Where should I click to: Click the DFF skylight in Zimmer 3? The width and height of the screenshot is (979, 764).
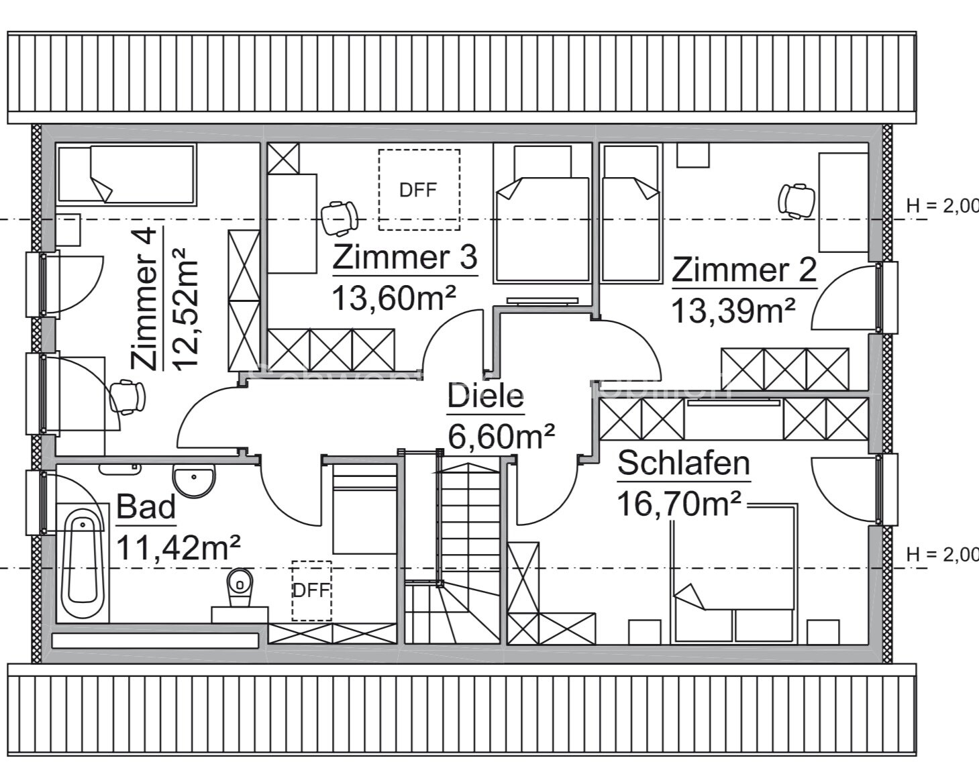tap(419, 189)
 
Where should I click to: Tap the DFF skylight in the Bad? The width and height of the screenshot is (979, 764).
tap(311, 590)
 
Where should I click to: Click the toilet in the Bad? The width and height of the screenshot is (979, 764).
tap(238, 587)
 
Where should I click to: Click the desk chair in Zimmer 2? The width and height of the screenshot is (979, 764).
tap(796, 200)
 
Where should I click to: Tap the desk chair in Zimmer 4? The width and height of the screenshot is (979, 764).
tap(127, 397)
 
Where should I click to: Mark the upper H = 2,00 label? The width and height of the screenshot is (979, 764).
tap(941, 206)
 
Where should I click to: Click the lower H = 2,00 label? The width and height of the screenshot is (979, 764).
tap(941, 554)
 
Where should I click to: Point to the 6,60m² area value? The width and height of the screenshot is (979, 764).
tap(501, 437)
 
